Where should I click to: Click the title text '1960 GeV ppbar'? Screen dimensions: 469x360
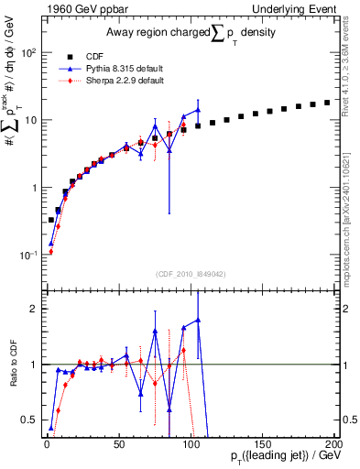click(x=81, y=8)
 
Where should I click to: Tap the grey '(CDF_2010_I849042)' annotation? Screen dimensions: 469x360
click(x=190, y=273)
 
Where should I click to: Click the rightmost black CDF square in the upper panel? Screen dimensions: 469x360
click(x=327, y=103)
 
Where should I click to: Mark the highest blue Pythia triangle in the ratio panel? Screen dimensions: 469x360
click(x=198, y=320)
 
